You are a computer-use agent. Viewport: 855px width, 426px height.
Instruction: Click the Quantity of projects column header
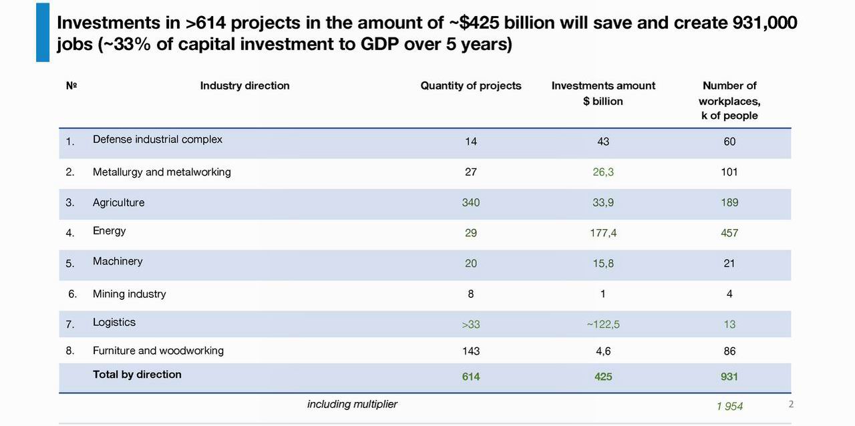coord(471,85)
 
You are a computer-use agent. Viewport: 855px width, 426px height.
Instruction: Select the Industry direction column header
coord(244,85)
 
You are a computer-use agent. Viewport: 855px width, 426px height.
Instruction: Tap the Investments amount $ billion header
coord(603,93)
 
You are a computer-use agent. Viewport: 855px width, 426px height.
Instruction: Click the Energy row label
coord(110,231)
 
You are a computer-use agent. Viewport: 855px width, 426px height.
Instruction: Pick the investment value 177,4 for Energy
coord(603,233)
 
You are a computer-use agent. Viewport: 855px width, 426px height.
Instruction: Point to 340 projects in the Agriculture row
coord(471,202)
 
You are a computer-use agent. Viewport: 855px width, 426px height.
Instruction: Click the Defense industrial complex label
coord(158,140)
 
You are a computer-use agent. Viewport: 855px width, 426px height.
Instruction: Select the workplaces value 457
coord(729,233)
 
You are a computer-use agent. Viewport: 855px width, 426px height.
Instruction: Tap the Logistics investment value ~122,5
coord(603,325)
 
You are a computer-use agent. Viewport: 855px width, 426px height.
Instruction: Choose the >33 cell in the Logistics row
coord(471,325)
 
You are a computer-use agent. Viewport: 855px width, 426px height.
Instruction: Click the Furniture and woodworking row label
coord(158,351)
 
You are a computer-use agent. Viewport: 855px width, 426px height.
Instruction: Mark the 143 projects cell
coord(471,351)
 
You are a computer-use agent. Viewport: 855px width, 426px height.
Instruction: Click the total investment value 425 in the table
coord(603,377)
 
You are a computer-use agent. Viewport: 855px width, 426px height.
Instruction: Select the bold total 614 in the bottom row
coord(471,377)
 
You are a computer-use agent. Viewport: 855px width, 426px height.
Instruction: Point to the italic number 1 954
coord(729,406)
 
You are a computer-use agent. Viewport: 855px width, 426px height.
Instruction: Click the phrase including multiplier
coord(352,404)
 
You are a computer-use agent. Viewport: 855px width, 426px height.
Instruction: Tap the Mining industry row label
coord(130,294)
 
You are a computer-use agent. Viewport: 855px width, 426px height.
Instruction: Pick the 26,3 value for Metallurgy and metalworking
coord(603,172)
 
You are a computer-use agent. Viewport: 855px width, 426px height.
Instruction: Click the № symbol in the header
coord(71,85)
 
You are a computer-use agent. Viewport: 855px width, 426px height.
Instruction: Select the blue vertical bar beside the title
coord(43,32)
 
